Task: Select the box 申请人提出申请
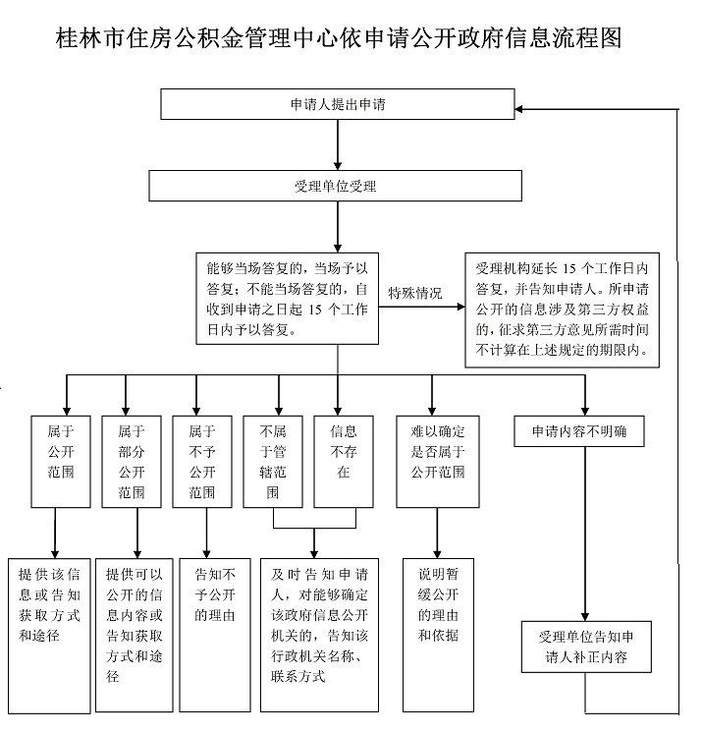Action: (337, 102)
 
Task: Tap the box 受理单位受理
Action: (337, 185)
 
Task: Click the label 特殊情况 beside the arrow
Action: (415, 293)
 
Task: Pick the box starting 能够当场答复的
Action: (286, 299)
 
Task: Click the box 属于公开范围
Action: (54, 461)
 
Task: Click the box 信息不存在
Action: (343, 461)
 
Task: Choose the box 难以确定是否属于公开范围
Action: (437, 461)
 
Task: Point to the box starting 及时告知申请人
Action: (319, 634)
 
